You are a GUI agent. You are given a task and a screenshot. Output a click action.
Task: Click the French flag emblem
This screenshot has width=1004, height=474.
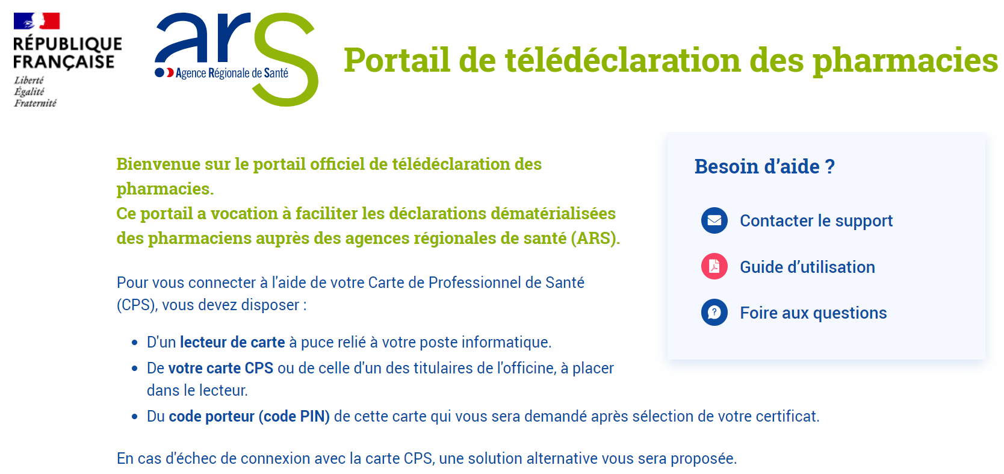click(x=37, y=20)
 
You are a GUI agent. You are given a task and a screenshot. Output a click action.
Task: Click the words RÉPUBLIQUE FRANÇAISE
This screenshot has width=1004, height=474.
click(x=67, y=53)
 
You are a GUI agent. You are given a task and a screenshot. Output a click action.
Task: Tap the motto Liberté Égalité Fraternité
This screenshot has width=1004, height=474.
click(x=35, y=92)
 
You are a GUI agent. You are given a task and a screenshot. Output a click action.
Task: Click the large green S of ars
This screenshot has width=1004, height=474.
click(x=286, y=59)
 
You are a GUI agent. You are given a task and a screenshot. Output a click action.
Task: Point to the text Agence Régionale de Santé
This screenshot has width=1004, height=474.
click(x=232, y=73)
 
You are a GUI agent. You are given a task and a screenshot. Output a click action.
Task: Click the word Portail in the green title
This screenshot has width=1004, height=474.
click(x=397, y=60)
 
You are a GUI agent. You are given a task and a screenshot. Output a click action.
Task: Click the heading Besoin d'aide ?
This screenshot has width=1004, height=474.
click(x=764, y=166)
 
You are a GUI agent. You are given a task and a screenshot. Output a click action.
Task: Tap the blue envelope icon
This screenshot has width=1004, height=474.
click(x=714, y=220)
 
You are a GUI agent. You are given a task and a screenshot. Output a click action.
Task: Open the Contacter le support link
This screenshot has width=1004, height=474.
click(x=816, y=220)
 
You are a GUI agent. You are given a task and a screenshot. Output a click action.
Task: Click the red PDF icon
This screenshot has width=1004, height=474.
click(x=714, y=266)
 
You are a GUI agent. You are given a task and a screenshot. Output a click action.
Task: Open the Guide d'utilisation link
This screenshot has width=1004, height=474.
click(x=807, y=267)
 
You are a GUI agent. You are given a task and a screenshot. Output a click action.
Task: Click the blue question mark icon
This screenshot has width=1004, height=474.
click(x=714, y=312)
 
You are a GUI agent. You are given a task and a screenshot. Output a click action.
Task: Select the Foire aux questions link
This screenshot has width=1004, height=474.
click(x=813, y=313)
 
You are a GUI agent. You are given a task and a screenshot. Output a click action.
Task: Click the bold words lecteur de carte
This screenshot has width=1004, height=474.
click(x=232, y=342)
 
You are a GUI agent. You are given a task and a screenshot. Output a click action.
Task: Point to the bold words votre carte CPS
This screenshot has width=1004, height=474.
click(x=220, y=368)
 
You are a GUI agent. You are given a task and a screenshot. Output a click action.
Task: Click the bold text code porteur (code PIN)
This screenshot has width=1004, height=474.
click(x=249, y=417)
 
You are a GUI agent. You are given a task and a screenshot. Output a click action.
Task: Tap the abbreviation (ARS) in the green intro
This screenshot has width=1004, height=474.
click(x=595, y=238)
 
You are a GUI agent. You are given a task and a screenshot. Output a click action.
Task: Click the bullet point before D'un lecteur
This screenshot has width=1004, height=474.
click(x=134, y=343)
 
